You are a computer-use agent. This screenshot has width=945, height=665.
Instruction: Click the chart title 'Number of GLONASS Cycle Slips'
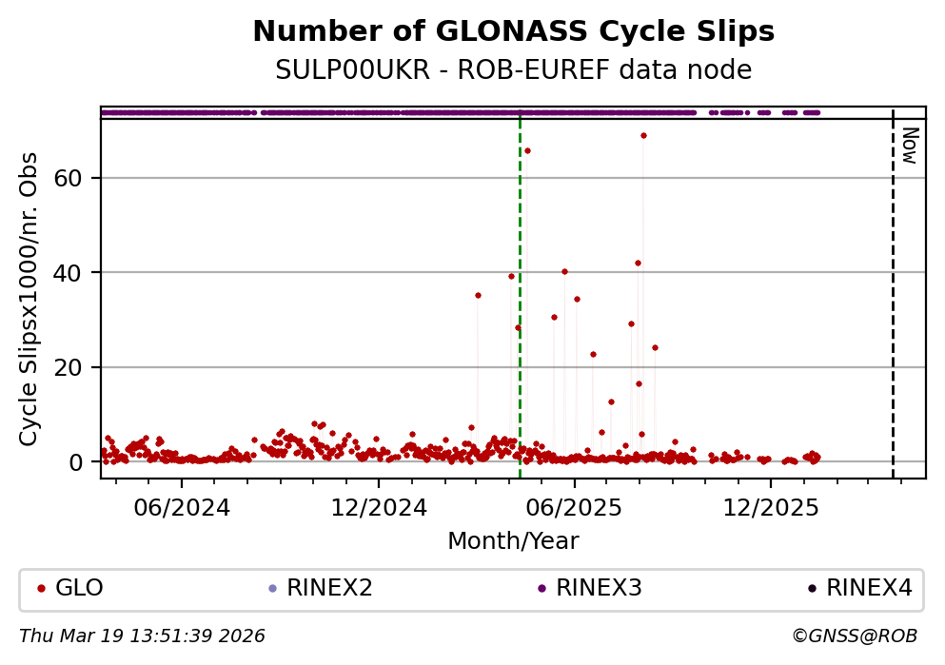[513, 32]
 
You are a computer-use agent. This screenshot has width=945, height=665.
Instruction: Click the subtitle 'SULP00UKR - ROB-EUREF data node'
[513, 70]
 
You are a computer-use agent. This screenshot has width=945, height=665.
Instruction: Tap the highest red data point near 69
[643, 135]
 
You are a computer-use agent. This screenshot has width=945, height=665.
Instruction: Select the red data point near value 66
[527, 150]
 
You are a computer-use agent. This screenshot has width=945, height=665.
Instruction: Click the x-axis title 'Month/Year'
[513, 541]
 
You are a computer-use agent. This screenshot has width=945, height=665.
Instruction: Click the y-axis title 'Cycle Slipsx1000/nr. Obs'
[30, 299]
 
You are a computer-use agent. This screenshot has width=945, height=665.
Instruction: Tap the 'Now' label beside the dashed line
[910, 146]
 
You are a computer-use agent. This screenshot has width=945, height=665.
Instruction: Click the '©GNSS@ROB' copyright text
[854, 636]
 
